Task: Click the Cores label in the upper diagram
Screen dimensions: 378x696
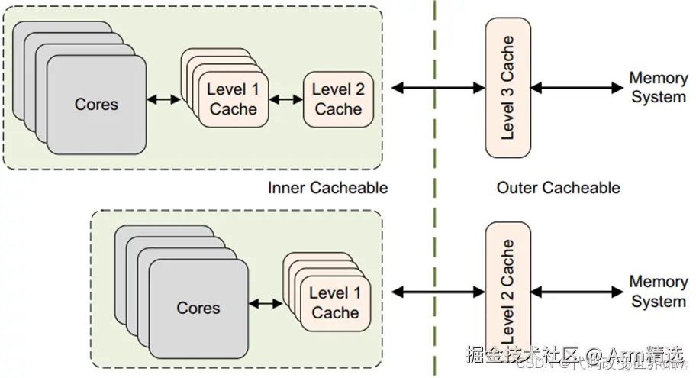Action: coord(96,104)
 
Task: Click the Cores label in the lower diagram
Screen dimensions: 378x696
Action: coord(198,308)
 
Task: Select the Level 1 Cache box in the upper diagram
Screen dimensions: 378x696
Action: coord(233,99)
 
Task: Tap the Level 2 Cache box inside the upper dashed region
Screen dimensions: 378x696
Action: coord(338,99)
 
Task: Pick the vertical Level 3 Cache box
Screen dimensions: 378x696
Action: coord(507,88)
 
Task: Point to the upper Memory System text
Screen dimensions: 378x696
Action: coord(658,88)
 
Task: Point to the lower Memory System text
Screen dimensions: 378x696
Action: coord(658,292)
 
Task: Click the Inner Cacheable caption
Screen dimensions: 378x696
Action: coord(328,188)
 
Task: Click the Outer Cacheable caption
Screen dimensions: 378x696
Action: coord(558,188)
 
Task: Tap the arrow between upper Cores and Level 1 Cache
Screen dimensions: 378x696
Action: coord(163,99)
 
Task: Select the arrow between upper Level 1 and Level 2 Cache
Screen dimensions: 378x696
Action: coord(285,99)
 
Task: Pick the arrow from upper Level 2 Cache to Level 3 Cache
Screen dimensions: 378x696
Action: coord(437,88)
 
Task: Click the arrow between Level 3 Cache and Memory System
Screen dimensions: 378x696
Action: coord(577,88)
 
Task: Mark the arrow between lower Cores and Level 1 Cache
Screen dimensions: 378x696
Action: coord(266,303)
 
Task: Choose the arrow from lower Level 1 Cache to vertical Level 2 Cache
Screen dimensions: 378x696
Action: coord(437,292)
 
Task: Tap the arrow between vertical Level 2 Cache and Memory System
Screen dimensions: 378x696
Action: coord(577,292)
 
